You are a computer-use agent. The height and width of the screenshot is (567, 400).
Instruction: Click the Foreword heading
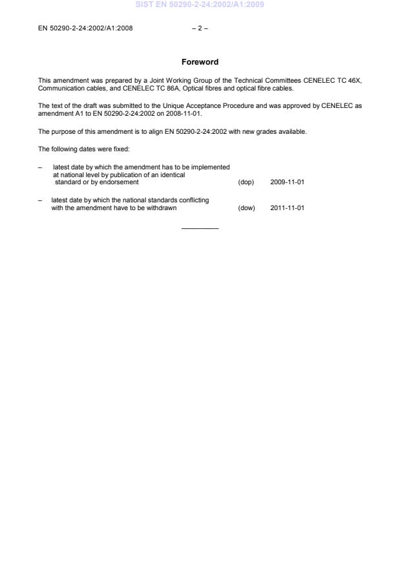[200, 62]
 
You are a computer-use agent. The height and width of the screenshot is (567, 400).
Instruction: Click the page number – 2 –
[200, 28]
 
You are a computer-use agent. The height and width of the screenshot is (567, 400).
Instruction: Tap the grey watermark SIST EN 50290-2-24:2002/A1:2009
[200, 5]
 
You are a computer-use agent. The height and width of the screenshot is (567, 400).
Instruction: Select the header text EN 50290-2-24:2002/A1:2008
[85, 28]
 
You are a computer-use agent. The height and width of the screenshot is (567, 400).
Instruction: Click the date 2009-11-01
[287, 182]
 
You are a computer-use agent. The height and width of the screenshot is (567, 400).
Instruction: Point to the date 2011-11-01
[287, 208]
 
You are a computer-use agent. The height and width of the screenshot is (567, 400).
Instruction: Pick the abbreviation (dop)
[246, 182]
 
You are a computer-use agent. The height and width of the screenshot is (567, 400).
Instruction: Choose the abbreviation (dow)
[246, 208]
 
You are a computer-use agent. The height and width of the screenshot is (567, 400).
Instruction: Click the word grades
[270, 132]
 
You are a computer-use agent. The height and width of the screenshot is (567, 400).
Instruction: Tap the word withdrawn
[162, 208]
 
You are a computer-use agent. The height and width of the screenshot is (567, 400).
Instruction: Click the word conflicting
[193, 200]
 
